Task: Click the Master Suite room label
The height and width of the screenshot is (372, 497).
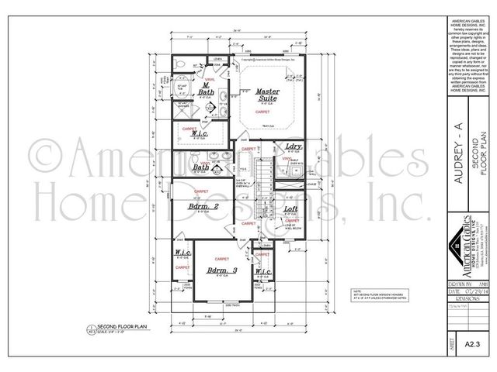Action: click(268, 95)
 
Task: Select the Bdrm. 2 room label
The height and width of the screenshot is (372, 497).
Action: click(201, 207)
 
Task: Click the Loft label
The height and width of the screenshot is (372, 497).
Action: click(291, 209)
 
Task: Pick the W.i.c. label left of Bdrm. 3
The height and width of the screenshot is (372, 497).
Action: click(183, 253)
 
